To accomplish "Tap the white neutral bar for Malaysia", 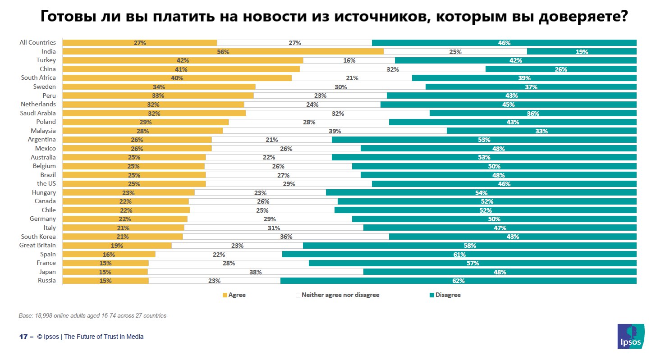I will [335, 131].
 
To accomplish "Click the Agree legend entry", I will [234, 295].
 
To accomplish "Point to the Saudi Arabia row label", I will [38, 113].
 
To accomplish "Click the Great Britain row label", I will [37, 245].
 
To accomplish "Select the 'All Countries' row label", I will [38, 43].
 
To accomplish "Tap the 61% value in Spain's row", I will [459, 254].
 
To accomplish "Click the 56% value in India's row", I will [223, 52].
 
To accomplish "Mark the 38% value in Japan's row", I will [256, 272].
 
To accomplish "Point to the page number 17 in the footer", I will [23, 337].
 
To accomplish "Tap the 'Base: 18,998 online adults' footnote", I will [92, 316].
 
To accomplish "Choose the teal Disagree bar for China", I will [561, 69].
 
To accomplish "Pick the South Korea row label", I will [38, 237].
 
